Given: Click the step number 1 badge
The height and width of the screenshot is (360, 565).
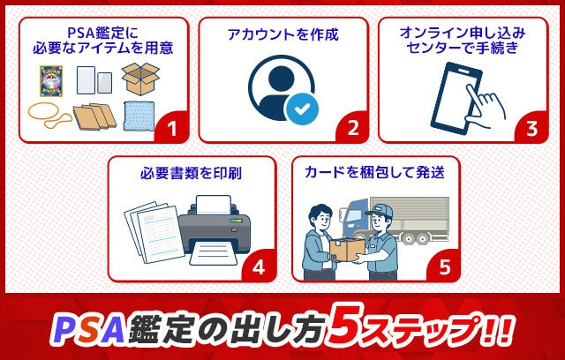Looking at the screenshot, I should point(173,129).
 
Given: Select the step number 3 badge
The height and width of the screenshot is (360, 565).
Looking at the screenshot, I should point(531,129).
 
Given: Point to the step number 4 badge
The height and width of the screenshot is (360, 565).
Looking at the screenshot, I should point(259,267).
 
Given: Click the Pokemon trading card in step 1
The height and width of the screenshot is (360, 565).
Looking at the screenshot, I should point(50,80).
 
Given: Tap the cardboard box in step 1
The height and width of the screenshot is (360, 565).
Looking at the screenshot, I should point(139,79).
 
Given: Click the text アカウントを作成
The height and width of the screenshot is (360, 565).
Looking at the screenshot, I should point(282,35).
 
